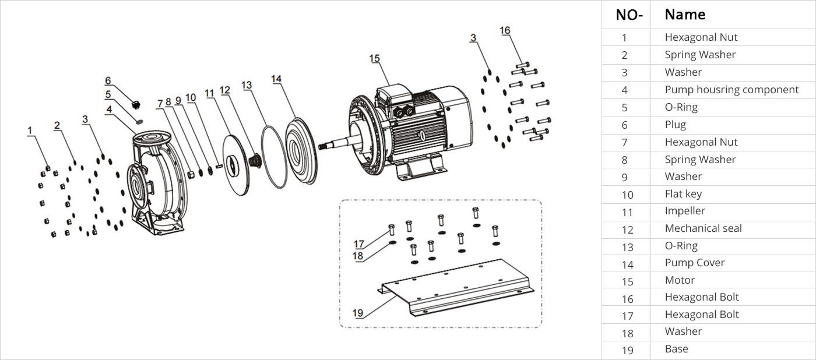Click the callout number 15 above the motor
point(374,58)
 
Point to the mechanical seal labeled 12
point(255,160)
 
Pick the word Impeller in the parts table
point(685,211)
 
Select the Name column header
point(685,15)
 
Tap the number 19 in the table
point(627,350)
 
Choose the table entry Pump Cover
point(695,263)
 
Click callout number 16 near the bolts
point(505,30)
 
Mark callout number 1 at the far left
point(30,132)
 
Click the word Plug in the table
point(675,125)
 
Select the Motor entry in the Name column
point(680,280)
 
